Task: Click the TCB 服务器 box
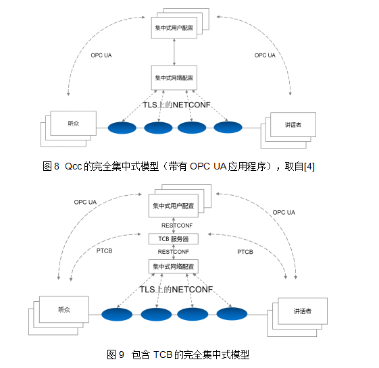click(174, 239)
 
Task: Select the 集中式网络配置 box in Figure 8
click(174, 78)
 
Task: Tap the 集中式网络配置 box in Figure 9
click(174, 267)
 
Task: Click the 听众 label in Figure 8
click(73, 124)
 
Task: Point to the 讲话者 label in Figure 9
click(303, 311)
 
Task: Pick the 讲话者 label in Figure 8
click(293, 125)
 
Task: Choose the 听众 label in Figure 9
click(64, 309)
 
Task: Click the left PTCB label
click(104, 251)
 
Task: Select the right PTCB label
click(245, 252)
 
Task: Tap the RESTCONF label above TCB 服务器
click(177, 226)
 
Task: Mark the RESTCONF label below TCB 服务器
click(174, 252)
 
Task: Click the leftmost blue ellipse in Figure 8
click(122, 128)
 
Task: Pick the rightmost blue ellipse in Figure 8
click(228, 127)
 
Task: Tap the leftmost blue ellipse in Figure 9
click(117, 315)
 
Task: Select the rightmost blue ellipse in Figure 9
click(232, 313)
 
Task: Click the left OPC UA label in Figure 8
click(101, 55)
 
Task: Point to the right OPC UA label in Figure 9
click(284, 213)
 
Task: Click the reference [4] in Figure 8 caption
click(309, 167)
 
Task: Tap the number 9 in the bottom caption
click(122, 354)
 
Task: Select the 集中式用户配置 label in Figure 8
click(174, 28)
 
